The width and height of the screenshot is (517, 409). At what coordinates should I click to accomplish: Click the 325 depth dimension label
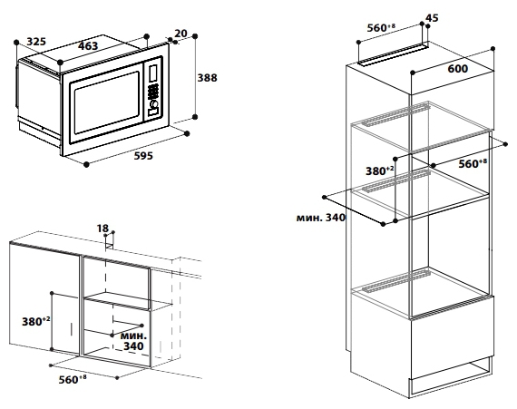(36, 42)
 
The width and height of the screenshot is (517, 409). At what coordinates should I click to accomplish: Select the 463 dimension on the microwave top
(88, 46)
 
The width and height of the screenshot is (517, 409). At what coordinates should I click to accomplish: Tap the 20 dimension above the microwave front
(180, 34)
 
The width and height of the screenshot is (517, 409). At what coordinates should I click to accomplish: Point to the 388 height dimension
(207, 78)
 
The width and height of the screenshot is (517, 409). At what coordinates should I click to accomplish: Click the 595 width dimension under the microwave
(143, 156)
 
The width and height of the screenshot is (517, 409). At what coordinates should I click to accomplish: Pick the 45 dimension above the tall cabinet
(432, 18)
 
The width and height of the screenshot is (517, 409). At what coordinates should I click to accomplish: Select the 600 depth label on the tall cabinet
(458, 69)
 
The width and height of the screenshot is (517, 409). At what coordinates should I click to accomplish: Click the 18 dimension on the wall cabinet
(102, 228)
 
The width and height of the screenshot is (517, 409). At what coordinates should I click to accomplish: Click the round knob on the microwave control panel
(153, 104)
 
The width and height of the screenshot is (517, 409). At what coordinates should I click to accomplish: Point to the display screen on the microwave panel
(153, 73)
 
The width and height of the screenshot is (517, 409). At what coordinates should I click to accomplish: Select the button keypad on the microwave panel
(153, 91)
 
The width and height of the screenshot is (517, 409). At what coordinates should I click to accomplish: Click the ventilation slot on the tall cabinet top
(393, 54)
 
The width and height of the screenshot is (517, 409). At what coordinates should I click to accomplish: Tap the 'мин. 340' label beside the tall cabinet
(321, 218)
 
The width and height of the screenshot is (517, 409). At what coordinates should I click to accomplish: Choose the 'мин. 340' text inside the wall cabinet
(133, 341)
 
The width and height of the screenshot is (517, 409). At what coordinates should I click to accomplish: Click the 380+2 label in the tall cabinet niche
(380, 170)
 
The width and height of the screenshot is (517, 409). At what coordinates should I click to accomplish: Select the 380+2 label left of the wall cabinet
(36, 321)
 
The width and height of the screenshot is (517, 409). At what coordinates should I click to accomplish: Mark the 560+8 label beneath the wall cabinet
(73, 379)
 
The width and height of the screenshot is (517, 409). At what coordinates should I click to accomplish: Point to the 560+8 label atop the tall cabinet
(381, 28)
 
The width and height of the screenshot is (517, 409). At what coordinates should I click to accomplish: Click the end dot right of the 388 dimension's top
(195, 36)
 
